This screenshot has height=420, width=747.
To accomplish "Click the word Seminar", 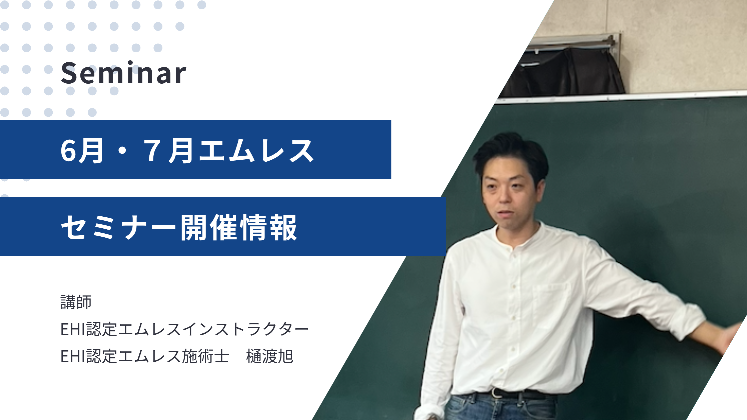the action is (x=123, y=73).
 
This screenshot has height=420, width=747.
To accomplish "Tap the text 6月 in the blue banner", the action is (x=82, y=151).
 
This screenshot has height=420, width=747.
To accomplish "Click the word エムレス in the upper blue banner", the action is (x=256, y=151).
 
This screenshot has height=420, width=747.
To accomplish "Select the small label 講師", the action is (x=76, y=302).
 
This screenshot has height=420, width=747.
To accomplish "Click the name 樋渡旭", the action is (x=269, y=356).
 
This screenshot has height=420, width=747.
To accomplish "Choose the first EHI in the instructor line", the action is (x=73, y=329).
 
